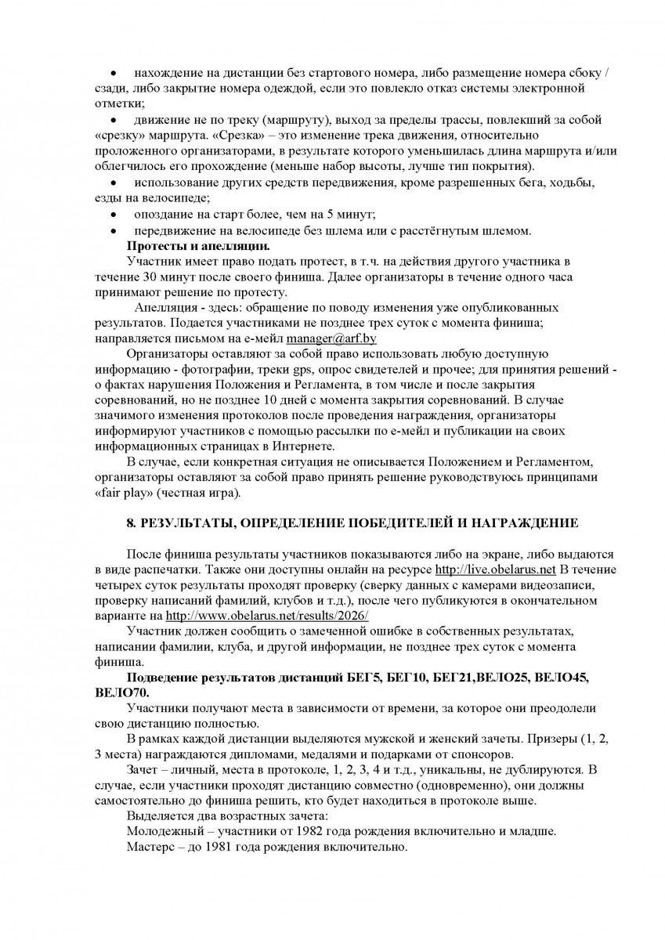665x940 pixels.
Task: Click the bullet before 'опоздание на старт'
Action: click(x=114, y=215)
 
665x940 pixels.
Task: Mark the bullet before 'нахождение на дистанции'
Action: click(x=114, y=73)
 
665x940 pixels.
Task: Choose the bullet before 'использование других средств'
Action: click(x=114, y=183)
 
